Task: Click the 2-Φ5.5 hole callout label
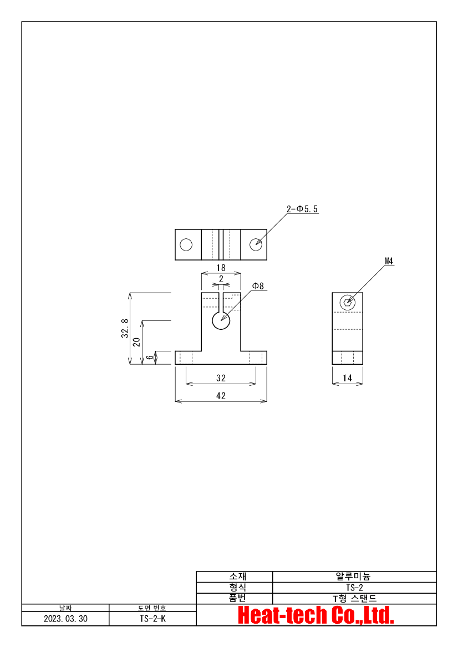pyautogui.click(x=302, y=209)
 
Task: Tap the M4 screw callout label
pyautogui.click(x=389, y=261)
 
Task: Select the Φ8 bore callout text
pyautogui.click(x=258, y=286)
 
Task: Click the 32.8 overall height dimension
pyautogui.click(x=125, y=329)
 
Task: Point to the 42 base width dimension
pyautogui.click(x=221, y=396)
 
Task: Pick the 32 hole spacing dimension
pyautogui.click(x=221, y=378)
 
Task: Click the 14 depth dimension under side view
pyautogui.click(x=347, y=378)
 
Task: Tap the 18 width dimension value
pyautogui.click(x=221, y=268)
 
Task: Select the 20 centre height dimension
pyautogui.click(x=136, y=342)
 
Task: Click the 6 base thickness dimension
pyautogui.click(x=150, y=357)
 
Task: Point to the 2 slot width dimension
pyautogui.click(x=221, y=279)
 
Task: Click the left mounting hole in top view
pyautogui.click(x=186, y=244)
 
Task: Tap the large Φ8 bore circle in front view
pyautogui.click(x=221, y=321)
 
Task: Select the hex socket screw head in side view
pyautogui.click(x=347, y=303)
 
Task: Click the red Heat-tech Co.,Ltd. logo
pyautogui.click(x=316, y=615)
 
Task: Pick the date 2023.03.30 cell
pyautogui.click(x=66, y=619)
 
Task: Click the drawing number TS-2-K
pyautogui.click(x=152, y=619)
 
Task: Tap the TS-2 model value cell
pyautogui.click(x=354, y=588)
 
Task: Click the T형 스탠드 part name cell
pyautogui.click(x=354, y=599)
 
